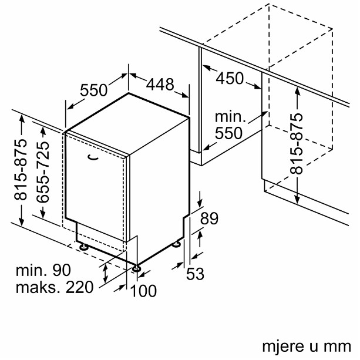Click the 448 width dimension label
tap(160, 85)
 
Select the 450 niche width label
tap(230, 78)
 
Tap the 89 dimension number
tap(209, 218)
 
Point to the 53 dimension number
tap(195, 274)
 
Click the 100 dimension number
tap(143, 291)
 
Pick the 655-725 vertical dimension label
tap(43, 172)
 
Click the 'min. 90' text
tap(43, 270)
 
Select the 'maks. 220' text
tap(55, 287)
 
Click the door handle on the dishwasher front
tap(93, 157)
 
